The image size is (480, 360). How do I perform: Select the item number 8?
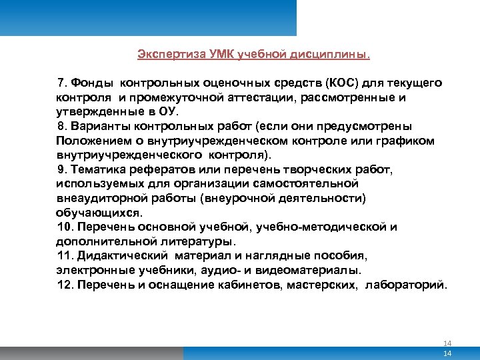(62, 126)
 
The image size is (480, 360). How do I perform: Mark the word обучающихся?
(98, 212)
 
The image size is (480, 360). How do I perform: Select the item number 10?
(65, 227)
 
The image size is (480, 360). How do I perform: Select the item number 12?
(65, 285)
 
